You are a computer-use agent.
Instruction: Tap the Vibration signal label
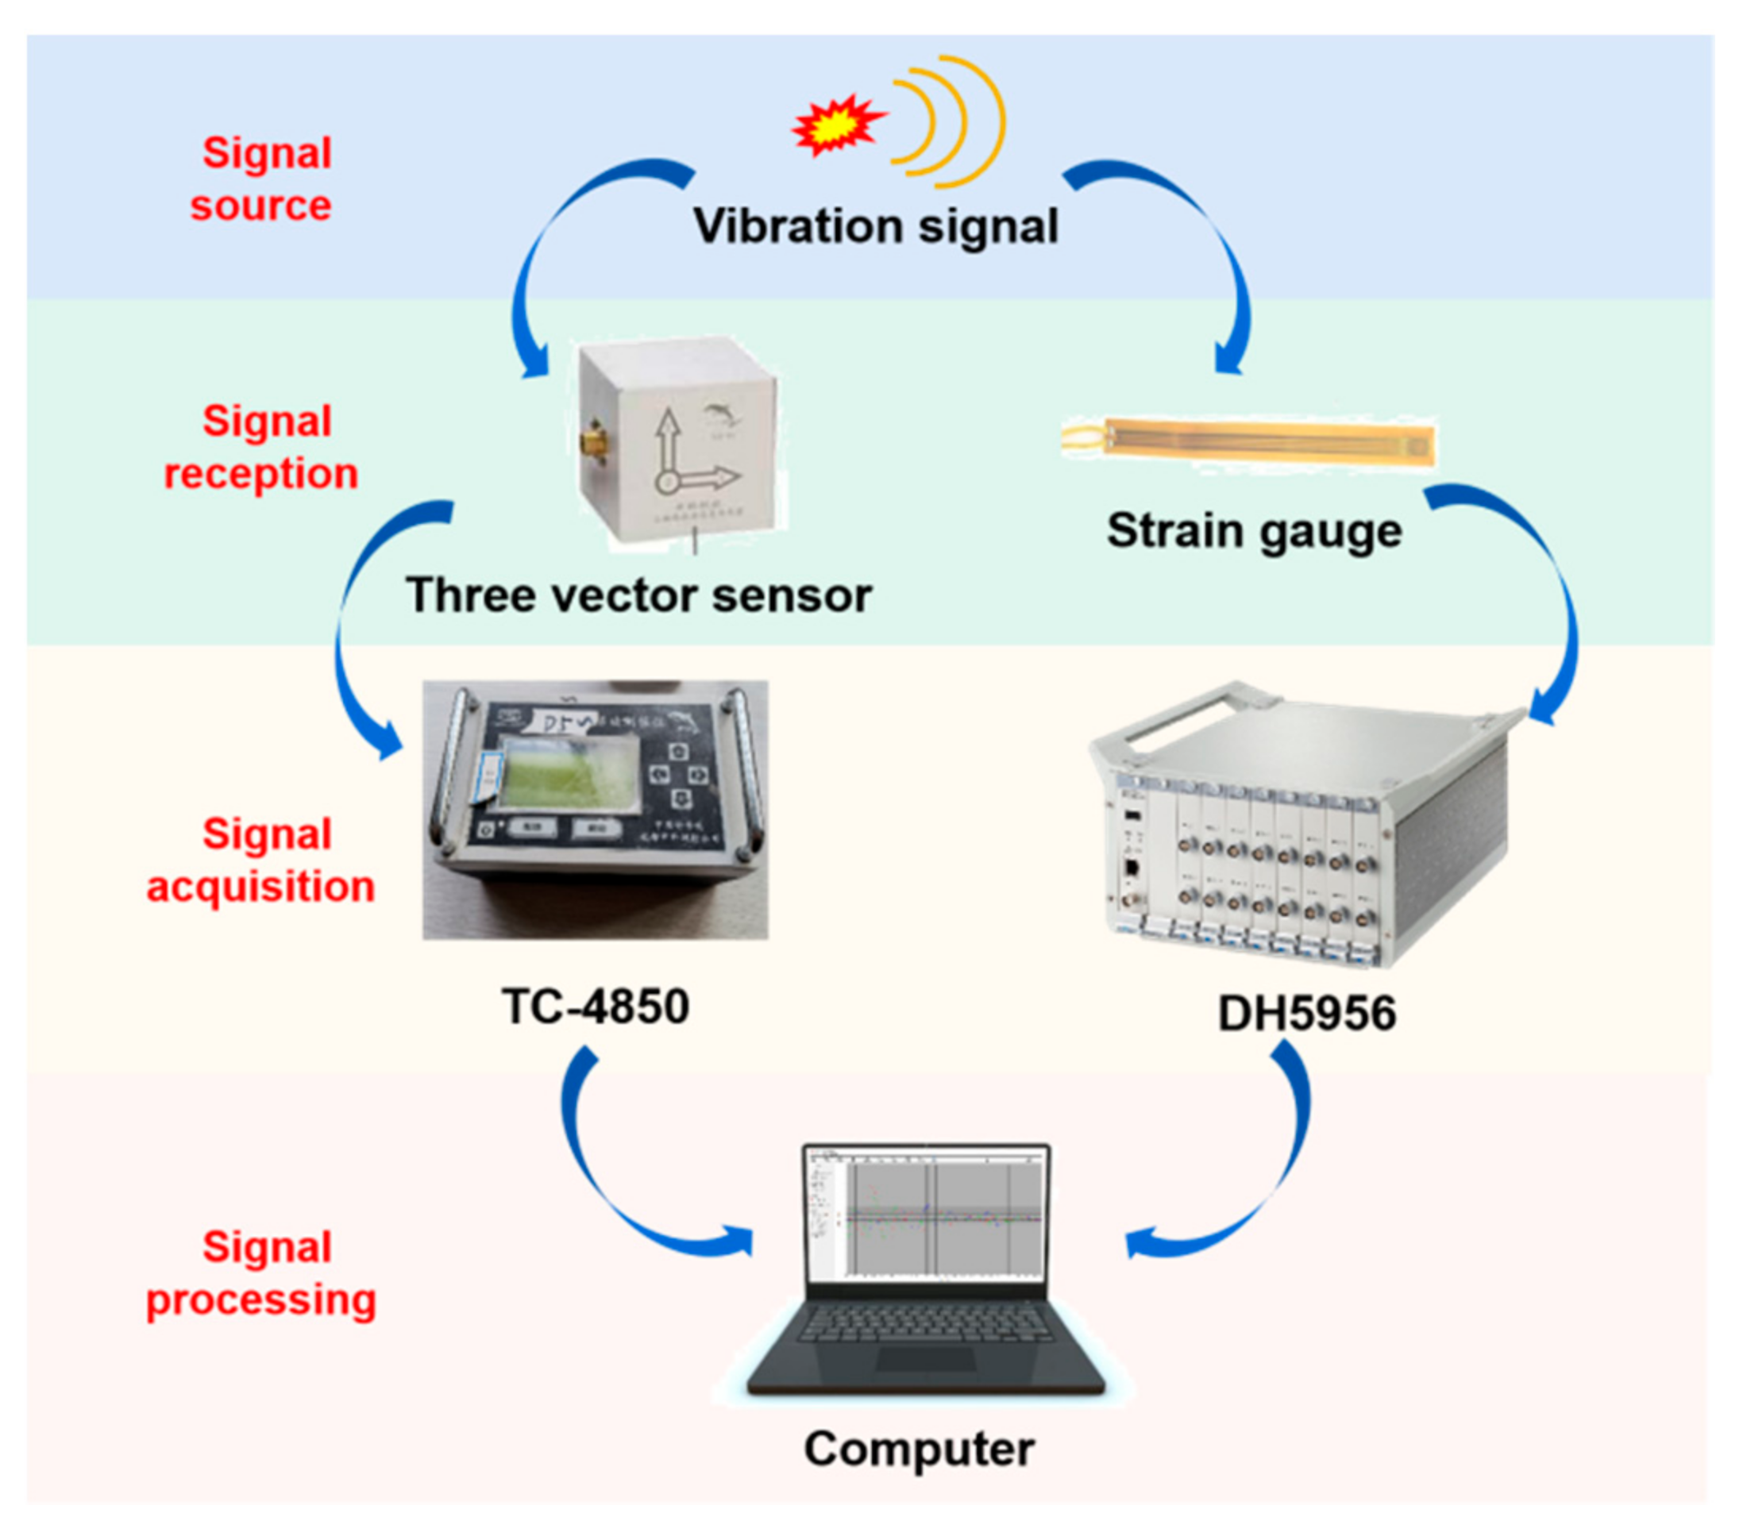pos(875,226)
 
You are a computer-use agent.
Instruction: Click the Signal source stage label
pos(261,179)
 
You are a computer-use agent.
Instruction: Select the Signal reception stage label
pos(261,447)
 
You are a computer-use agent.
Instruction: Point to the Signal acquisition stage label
pos(261,860)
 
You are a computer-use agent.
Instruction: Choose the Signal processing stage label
pos(261,1273)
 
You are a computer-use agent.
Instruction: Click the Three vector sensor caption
pos(638,595)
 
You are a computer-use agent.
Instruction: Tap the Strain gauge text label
pos(1254,532)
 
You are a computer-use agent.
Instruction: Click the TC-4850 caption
pos(596,1007)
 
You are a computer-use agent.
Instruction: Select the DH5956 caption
pos(1306,1014)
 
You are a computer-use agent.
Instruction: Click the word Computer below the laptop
pos(919,1450)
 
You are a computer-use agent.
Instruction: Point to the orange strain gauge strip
pos(1265,443)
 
